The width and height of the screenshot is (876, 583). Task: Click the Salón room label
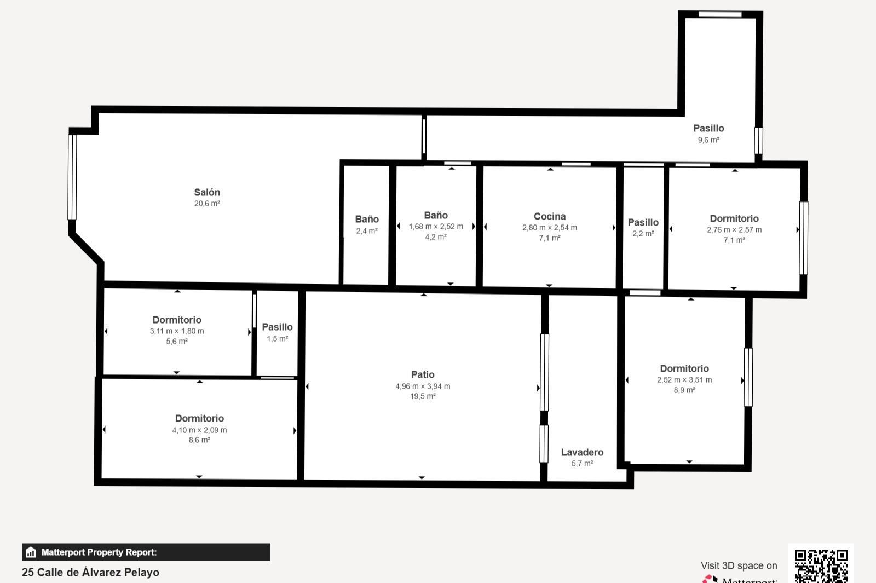pos(207,192)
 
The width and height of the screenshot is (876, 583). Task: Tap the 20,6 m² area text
pos(207,204)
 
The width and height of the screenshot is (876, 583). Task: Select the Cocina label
pos(550,216)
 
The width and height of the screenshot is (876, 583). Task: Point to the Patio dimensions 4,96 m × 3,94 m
pos(423,386)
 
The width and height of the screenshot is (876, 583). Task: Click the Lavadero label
pos(582,452)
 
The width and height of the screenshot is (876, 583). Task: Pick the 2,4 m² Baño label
pos(367,219)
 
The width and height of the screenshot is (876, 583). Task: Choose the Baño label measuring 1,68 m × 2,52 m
pos(436,215)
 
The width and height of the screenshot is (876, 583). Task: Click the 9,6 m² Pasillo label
pos(708,128)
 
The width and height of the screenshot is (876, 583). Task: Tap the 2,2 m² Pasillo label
pos(643,222)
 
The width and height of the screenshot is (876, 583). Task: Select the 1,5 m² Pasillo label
pos(277,327)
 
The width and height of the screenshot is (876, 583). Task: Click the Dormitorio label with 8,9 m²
pos(684,368)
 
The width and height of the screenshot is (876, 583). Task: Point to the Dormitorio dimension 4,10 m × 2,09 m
pos(199,430)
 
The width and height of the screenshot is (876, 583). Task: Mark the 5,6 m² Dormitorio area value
pos(177,342)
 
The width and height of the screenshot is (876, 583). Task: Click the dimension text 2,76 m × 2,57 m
pos(734,230)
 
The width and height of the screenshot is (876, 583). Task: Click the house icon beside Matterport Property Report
pos(31,552)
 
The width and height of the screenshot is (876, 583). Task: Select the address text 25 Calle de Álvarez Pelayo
pos(90,572)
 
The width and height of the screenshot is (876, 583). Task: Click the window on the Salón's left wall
pos(72,177)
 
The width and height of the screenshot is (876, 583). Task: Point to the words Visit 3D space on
pos(739,565)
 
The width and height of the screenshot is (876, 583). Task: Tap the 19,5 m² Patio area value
pos(423,396)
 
